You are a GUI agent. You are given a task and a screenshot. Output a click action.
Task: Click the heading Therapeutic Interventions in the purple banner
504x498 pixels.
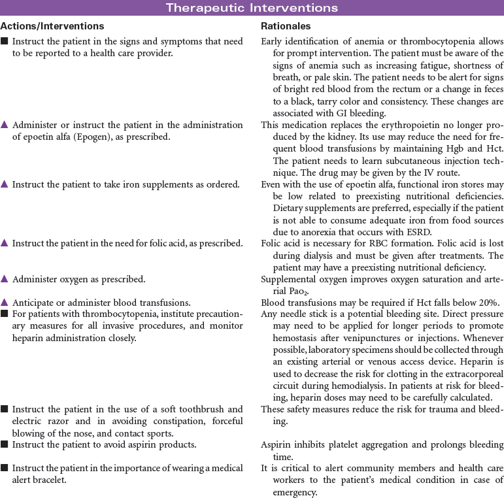point(252,8)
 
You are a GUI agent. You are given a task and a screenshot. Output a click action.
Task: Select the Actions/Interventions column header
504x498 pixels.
point(52,27)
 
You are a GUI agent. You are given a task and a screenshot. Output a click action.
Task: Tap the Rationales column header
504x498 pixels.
point(286,27)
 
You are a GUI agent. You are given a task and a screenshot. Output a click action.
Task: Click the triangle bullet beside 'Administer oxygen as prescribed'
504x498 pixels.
point(5,279)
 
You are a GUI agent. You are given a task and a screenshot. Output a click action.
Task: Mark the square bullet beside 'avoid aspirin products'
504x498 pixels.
point(5,445)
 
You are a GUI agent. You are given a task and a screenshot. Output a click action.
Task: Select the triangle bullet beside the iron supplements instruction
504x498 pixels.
point(5,185)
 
